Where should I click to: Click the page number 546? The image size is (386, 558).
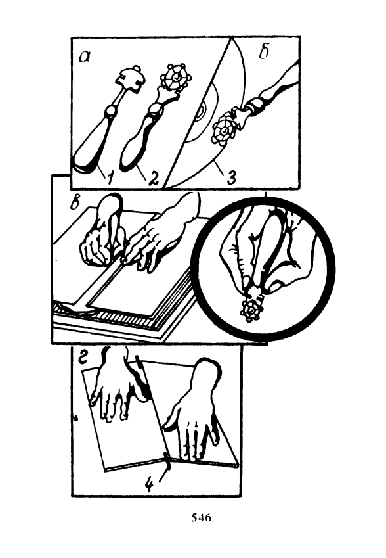pyautogui.click(x=201, y=517)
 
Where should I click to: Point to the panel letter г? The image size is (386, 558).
pyautogui.click(x=83, y=358)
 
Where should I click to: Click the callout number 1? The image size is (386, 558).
pyautogui.click(x=110, y=177)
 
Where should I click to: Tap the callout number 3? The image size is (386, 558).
pyautogui.click(x=230, y=177)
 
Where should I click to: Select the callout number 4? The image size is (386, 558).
pyautogui.click(x=150, y=484)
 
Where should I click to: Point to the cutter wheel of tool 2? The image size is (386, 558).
pyautogui.click(x=176, y=77)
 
